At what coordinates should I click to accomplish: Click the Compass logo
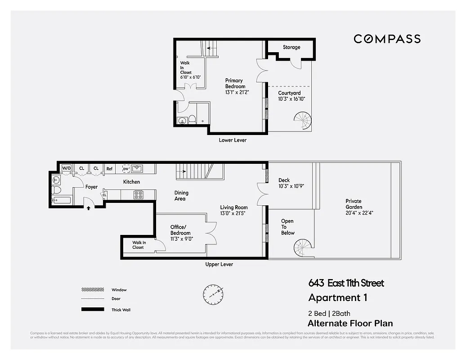[387, 39]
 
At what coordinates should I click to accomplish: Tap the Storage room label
[291, 47]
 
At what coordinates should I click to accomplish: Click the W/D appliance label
[67, 168]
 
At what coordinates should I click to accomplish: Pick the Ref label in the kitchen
[109, 169]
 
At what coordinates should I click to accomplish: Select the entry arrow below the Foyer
[89, 208]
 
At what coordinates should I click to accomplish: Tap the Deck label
[284, 180]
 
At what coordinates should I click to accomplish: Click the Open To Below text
[287, 227]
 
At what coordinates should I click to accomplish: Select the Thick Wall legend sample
[92, 310]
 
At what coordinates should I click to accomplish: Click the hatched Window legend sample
[92, 290]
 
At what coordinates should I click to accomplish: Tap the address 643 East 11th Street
[346, 283]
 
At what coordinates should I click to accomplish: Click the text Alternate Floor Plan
[350, 323]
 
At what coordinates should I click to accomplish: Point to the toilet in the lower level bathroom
[192, 119]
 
